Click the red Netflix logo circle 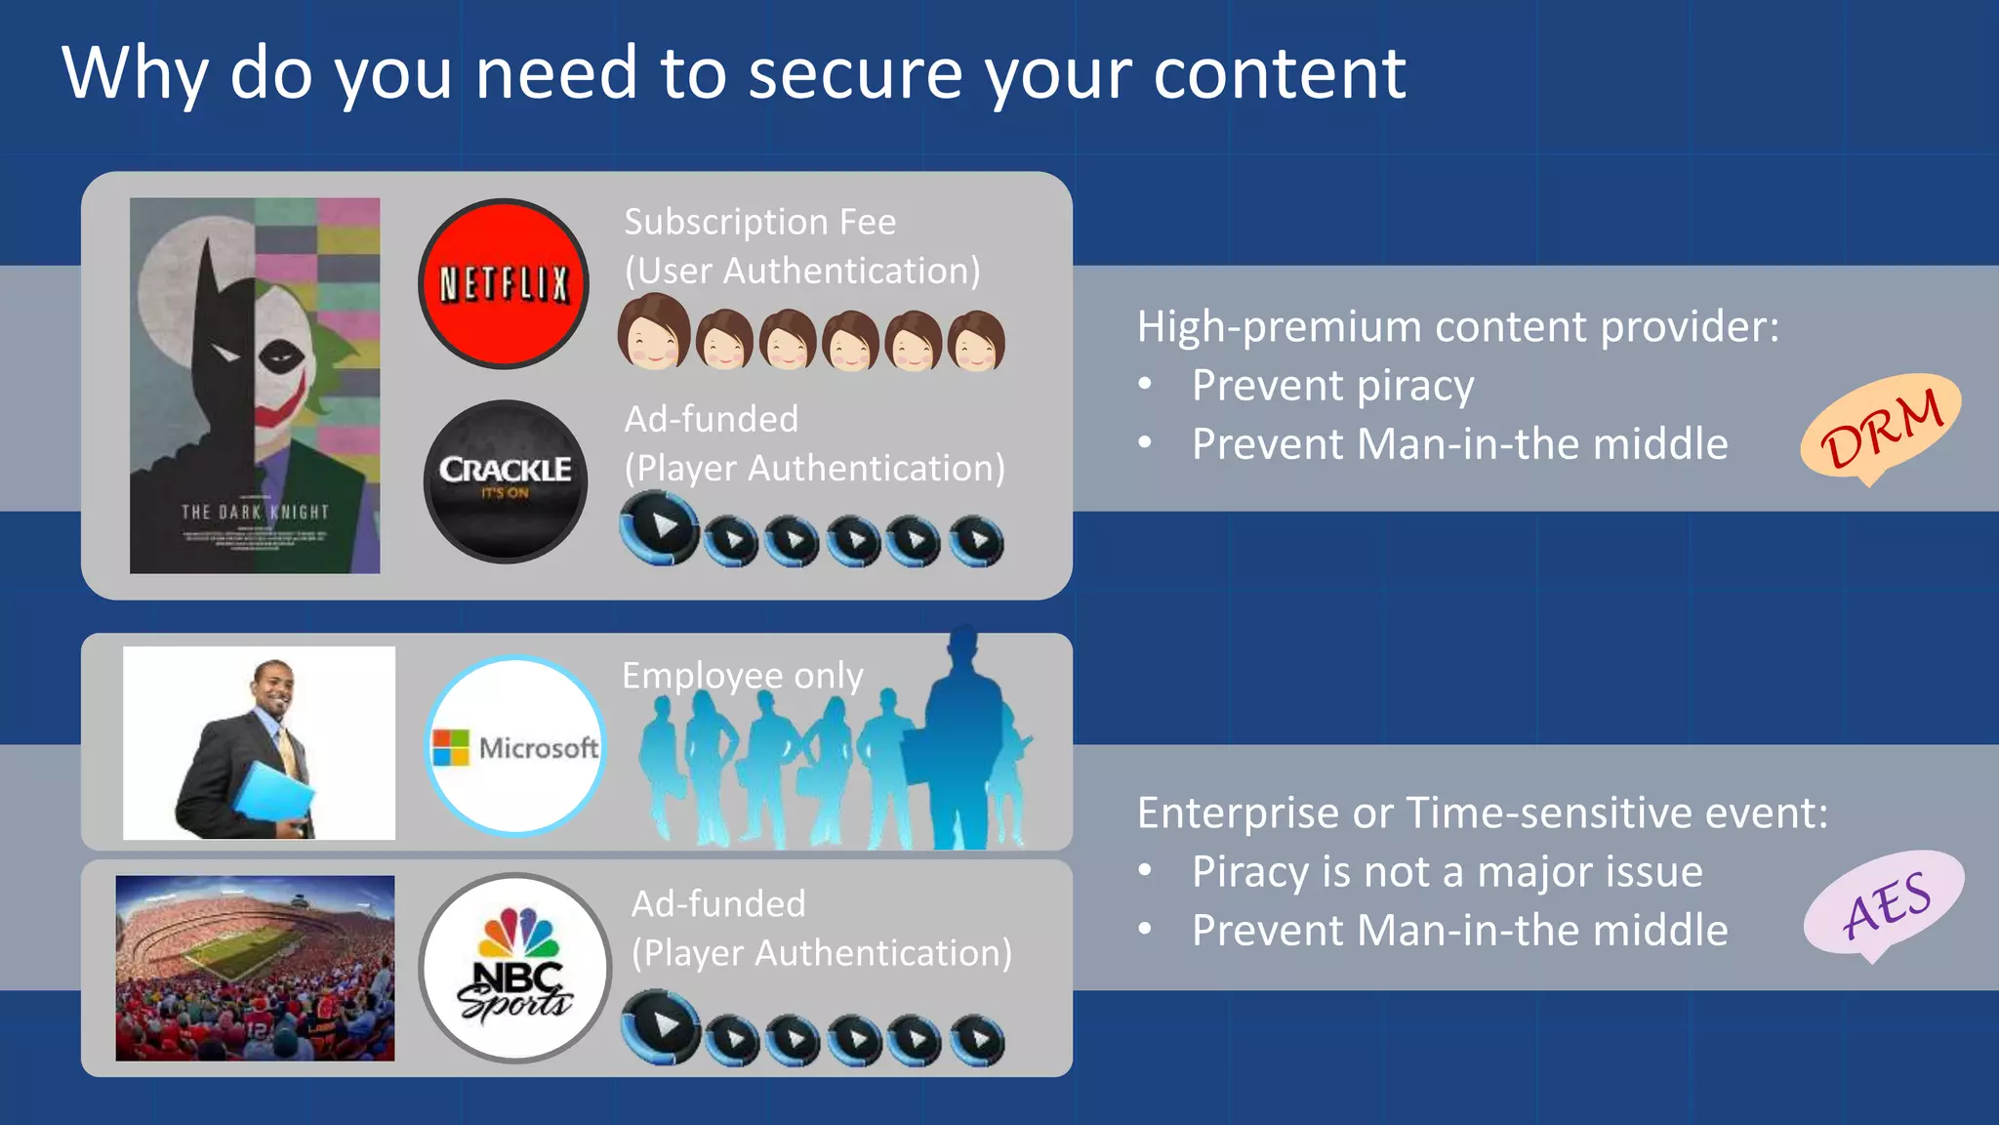click(x=504, y=284)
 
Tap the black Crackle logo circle click(x=506, y=481)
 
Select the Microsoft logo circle click(x=515, y=746)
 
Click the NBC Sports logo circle click(x=515, y=968)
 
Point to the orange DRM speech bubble click(x=1880, y=428)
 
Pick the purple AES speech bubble click(x=1883, y=904)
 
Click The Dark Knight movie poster click(x=255, y=386)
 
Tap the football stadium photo click(x=255, y=968)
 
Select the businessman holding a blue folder click(x=259, y=743)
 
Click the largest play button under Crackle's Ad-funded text click(x=661, y=527)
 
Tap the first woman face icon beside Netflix click(x=653, y=332)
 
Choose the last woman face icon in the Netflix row click(x=976, y=341)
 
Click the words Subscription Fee click(x=759, y=222)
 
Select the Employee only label click(x=743, y=676)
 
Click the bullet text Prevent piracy click(x=1332, y=386)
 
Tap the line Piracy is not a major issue click(x=1447, y=871)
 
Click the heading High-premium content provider click(x=1457, y=326)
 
